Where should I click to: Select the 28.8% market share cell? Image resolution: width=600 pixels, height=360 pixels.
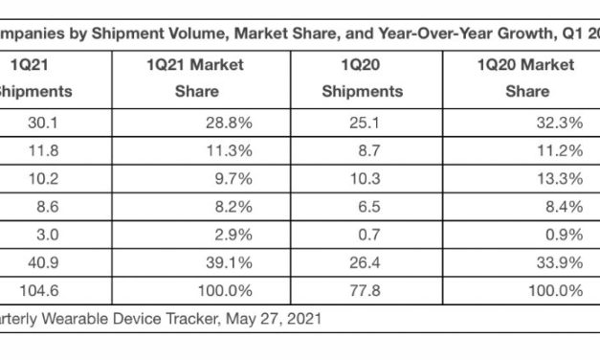[x=234, y=123]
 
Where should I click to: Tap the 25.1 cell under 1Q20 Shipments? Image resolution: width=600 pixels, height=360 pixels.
[x=364, y=123]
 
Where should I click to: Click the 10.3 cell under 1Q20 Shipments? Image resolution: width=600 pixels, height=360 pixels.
[x=364, y=177]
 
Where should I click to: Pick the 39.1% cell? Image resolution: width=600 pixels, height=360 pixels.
[x=234, y=259]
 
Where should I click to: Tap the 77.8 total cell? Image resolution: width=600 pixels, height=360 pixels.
[x=364, y=286]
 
